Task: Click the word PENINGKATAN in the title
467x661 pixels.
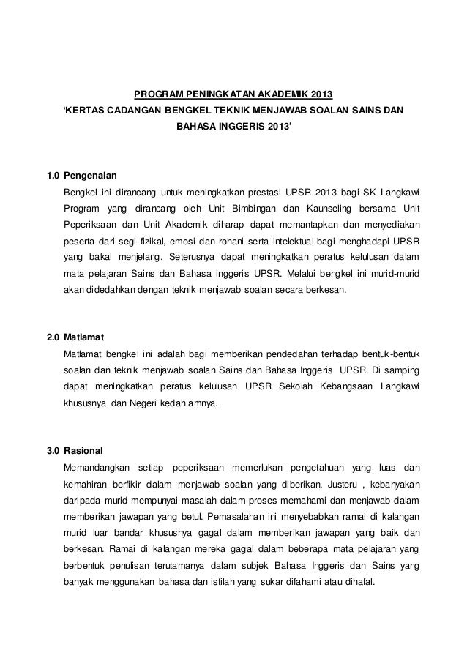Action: pyautogui.click(x=220, y=95)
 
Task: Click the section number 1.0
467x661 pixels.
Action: pyautogui.click(x=53, y=176)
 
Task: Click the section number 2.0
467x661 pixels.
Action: pyautogui.click(x=53, y=337)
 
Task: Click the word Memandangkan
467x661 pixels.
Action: pyautogui.click(x=97, y=466)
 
